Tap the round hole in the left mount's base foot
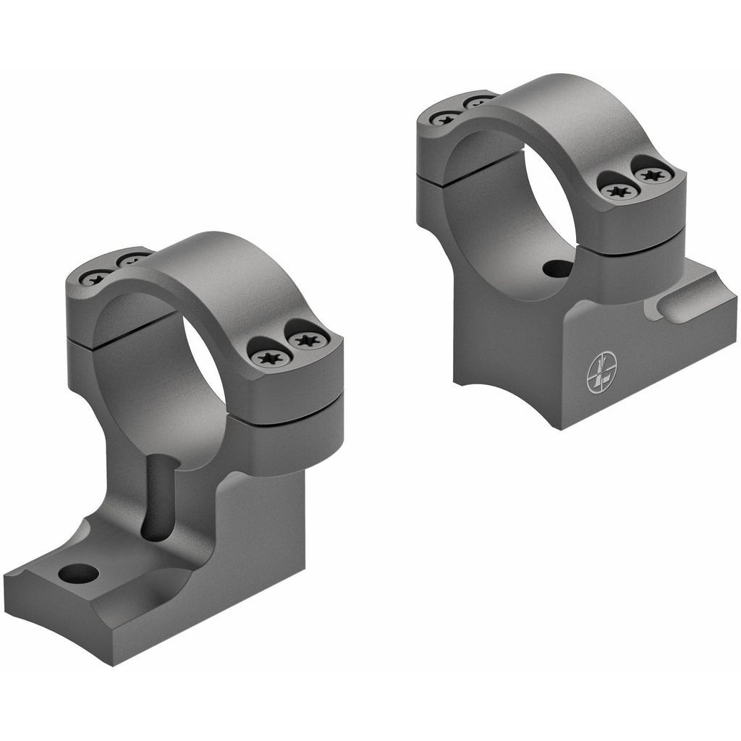pyautogui.click(x=78, y=574)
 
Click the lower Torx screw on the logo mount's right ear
pyautogui.click(x=620, y=190)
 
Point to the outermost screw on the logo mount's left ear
pyautogui.click(x=444, y=117)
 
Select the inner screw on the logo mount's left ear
pyautogui.click(x=478, y=101)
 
